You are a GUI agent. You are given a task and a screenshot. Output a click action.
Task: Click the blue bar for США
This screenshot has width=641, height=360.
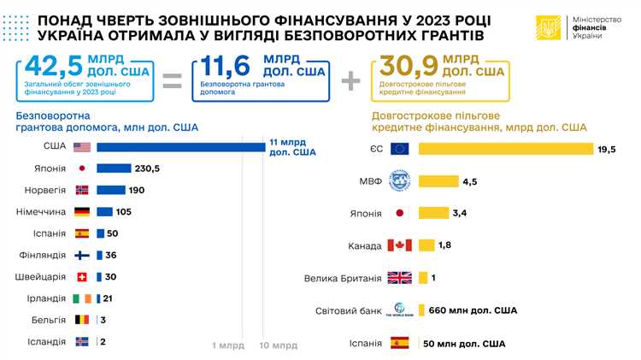click(180, 147)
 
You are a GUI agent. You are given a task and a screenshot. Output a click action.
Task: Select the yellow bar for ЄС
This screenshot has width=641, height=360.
click(505, 149)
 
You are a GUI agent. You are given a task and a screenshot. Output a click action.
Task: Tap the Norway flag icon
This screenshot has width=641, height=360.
click(82, 190)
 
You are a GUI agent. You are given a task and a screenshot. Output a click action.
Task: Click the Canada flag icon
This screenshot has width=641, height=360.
click(400, 245)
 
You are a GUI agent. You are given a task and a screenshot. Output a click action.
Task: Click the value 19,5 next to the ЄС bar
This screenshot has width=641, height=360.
click(607, 150)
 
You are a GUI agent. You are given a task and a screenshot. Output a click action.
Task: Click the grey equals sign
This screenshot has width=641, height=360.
click(172, 81)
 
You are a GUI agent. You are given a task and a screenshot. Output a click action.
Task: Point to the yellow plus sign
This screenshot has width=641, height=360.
click(350, 81)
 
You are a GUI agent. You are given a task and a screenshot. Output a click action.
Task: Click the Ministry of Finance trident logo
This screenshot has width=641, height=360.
click(548, 28)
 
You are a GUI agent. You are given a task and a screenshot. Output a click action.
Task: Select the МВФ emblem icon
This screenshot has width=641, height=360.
click(400, 181)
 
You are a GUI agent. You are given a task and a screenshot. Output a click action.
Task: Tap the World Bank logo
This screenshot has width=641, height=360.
click(400, 310)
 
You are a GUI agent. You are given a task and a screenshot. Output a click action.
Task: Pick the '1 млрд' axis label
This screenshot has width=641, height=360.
click(229, 345)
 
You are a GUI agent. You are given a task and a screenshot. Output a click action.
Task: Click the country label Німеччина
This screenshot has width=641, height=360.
click(41, 211)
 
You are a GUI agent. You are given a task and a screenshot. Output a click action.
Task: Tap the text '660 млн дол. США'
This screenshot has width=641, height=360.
click(473, 310)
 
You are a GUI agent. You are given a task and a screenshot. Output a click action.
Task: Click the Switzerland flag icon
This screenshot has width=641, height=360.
click(82, 276)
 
